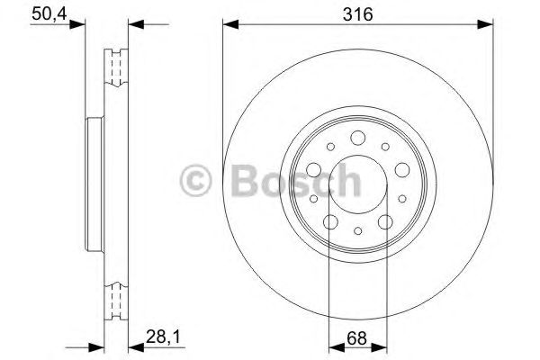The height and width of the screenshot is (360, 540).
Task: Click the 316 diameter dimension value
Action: [357, 13]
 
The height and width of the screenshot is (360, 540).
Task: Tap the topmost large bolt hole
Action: [357, 137]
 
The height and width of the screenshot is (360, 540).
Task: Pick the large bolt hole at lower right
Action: [384, 220]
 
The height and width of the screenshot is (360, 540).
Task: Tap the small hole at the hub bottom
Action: [357, 231]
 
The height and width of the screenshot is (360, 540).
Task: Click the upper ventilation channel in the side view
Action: [114, 67]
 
